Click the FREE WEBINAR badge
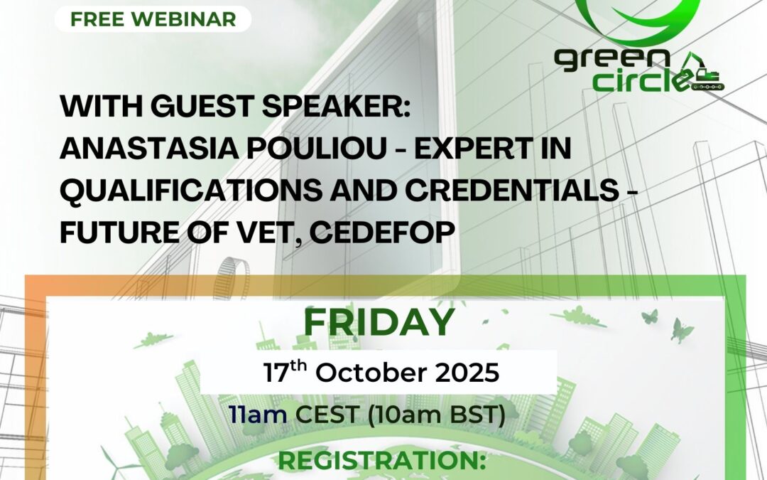point(153,19)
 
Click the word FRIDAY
point(379,323)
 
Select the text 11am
point(258,415)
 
